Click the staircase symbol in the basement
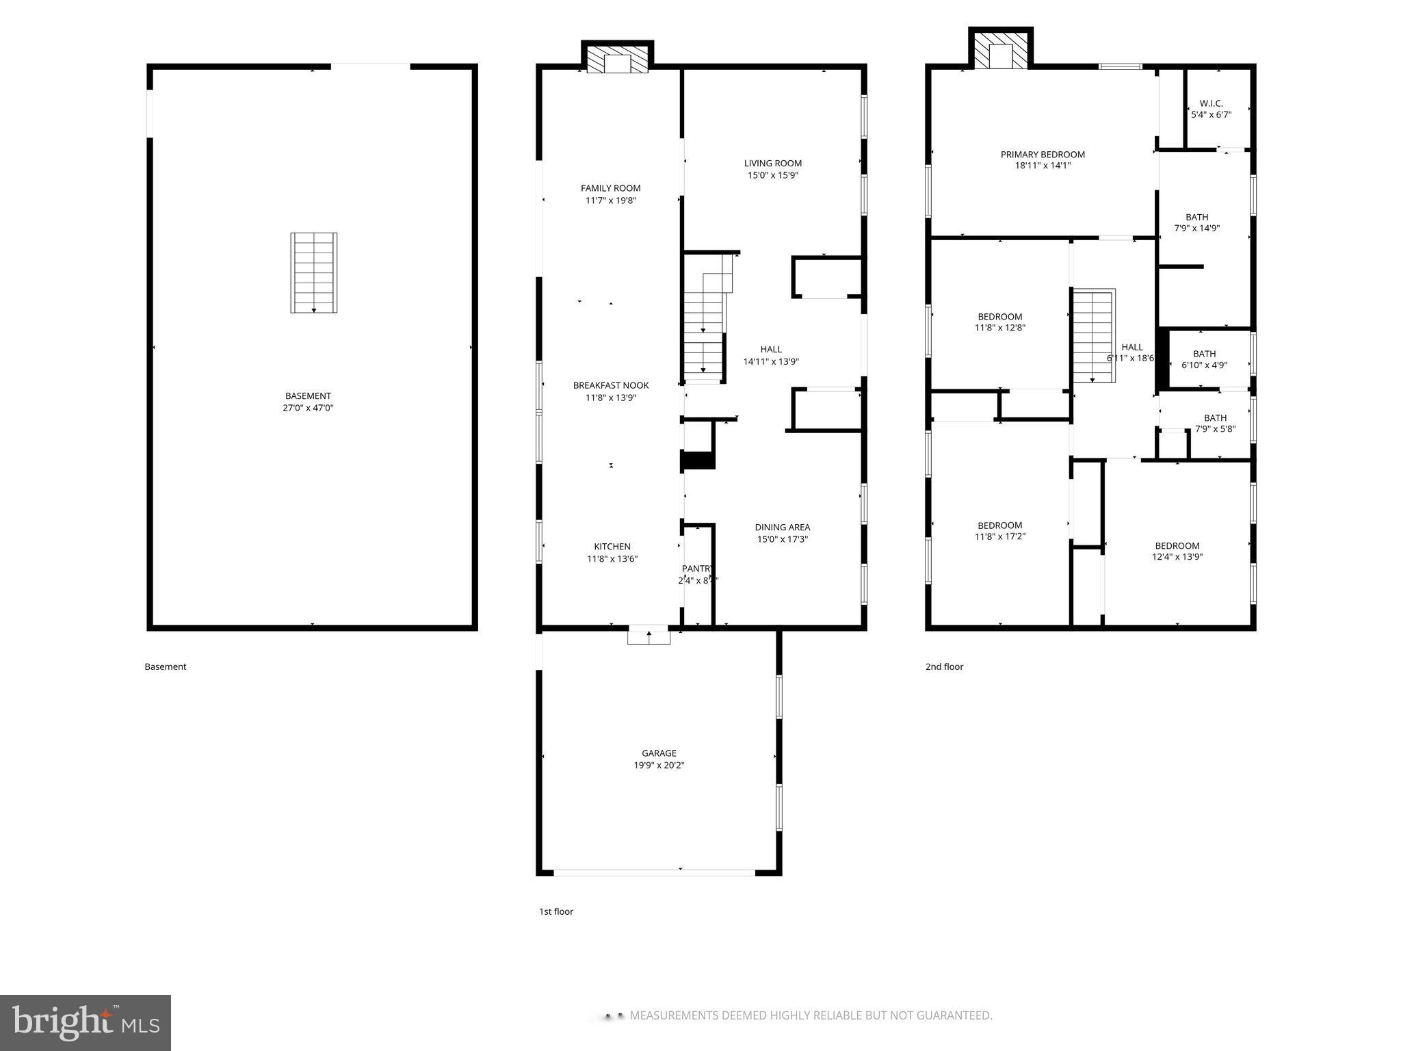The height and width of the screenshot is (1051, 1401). pos(313,272)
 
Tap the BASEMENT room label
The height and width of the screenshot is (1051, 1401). pos(308,395)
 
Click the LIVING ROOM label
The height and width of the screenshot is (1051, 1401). pos(772,163)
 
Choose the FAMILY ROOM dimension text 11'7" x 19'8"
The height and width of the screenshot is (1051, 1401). pos(611,200)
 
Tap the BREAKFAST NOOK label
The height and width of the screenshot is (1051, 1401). pos(610,385)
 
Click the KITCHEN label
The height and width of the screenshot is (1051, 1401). pos(612,546)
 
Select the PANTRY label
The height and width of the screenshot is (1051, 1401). pos(697,569)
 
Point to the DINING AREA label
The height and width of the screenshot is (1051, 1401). pos(782,527)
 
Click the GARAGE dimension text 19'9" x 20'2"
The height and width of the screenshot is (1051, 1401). pos(659,765)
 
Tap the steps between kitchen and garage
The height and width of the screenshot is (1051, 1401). pos(649,635)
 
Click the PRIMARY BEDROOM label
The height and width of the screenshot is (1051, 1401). pos(1042,154)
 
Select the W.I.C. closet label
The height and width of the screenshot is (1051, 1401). pos(1211,103)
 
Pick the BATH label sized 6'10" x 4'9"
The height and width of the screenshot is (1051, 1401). pos(1204,354)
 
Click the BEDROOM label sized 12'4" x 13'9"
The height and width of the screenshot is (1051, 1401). pos(1177,545)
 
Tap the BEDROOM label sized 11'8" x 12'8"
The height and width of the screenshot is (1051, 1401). pos(999,316)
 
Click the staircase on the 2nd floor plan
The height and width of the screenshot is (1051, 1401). pos(1092,335)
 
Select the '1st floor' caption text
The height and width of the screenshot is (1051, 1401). pos(555,911)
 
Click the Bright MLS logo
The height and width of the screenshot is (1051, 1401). pos(86,1022)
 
